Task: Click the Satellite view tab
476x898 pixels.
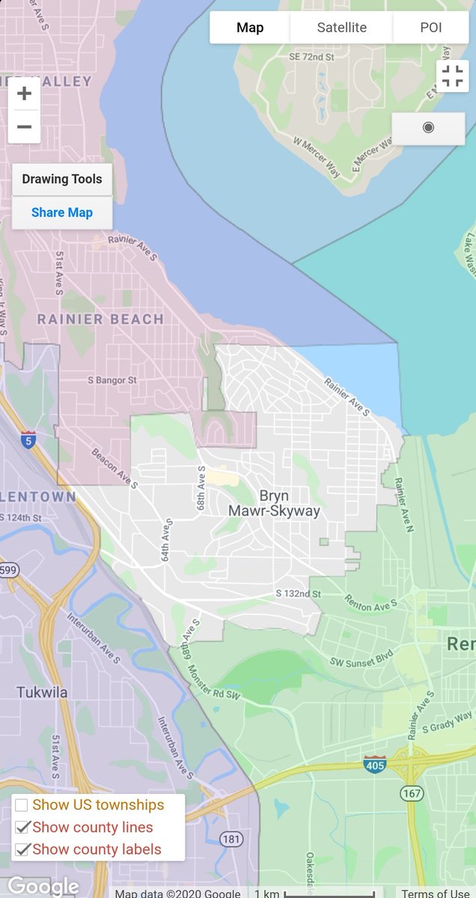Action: point(341,28)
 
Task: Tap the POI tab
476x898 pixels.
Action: point(430,28)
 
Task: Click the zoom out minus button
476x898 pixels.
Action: point(24,126)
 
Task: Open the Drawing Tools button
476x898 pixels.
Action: point(62,180)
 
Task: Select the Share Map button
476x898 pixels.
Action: point(62,213)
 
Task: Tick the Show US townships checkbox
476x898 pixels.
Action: point(22,805)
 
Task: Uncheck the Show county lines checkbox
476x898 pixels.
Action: point(22,827)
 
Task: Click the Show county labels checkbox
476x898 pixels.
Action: point(22,849)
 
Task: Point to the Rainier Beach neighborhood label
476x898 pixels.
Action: point(100,320)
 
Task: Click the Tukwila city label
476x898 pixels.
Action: point(42,692)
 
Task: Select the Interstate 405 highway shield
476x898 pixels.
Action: point(375,765)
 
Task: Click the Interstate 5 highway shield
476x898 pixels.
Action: point(28,439)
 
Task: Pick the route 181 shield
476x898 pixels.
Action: point(232,839)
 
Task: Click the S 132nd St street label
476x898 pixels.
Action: point(298,593)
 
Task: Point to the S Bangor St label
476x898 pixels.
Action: point(112,380)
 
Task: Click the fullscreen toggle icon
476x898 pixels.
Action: point(452,76)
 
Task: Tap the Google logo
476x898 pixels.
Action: point(42,887)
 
